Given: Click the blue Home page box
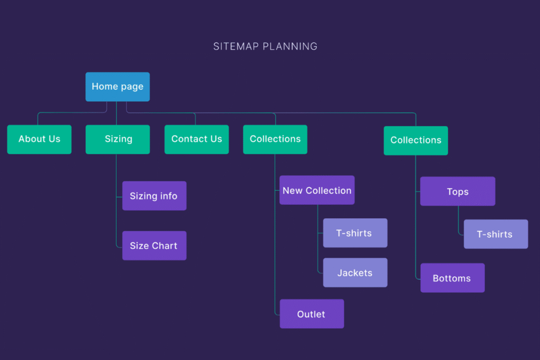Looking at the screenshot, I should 118,86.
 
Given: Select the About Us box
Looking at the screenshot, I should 39,139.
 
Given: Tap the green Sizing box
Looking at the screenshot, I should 118,139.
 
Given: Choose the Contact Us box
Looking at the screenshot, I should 196,139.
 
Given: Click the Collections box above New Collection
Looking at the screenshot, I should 275,139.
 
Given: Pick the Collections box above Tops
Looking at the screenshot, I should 416,140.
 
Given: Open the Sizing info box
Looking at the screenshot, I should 154,196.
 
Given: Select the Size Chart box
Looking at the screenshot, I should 154,246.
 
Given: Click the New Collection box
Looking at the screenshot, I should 317,190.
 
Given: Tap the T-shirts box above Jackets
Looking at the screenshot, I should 355,233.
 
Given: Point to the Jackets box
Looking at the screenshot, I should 355,273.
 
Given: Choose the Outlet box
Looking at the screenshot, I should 312,314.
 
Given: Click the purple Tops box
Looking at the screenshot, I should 457,191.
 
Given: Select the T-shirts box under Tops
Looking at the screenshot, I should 496,234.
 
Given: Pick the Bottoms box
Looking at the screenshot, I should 452,278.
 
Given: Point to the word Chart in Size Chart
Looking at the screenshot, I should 165,246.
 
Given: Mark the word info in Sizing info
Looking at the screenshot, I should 168,196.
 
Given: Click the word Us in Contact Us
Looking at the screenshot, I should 216,139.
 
